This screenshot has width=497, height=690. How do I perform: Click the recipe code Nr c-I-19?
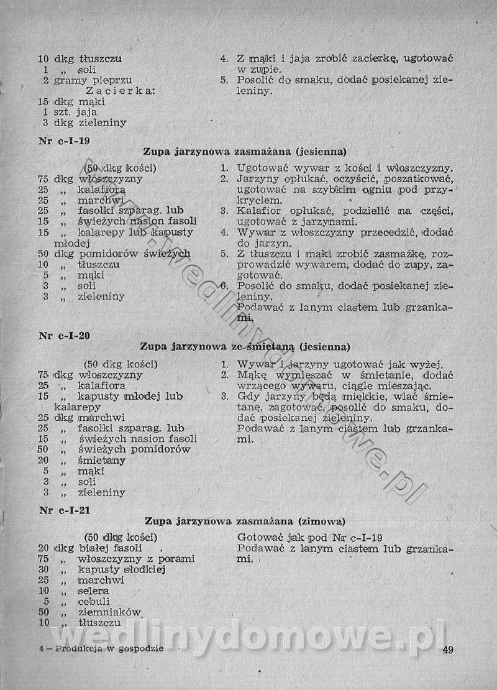[64, 140]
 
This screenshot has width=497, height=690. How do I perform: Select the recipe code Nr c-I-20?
[64, 336]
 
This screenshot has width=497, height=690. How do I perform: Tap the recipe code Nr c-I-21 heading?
[64, 511]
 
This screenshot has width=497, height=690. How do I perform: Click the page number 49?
[449, 650]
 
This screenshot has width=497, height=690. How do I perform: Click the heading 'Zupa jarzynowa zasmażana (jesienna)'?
[245, 151]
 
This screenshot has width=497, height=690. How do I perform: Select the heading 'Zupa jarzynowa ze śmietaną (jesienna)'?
[245, 346]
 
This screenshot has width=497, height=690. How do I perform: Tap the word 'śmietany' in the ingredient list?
[102, 461]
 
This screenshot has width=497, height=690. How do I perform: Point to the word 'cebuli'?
[94, 601]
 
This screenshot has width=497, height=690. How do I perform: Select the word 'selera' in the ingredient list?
[94, 591]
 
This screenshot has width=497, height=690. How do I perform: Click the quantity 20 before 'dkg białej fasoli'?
[43, 548]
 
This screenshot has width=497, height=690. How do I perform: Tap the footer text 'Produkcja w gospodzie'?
[109, 648]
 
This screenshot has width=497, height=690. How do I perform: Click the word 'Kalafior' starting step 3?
[258, 211]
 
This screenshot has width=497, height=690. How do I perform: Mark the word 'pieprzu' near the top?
[112, 80]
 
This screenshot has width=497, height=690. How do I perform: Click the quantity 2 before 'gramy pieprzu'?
[46, 80]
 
